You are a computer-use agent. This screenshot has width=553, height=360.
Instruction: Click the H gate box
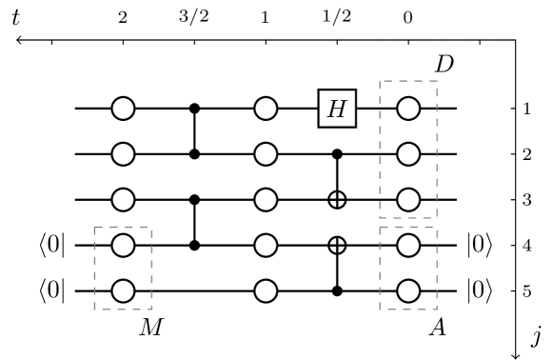point(337,109)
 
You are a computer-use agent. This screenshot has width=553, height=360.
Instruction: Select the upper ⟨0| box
point(52,246)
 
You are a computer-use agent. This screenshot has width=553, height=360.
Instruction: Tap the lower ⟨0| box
point(52,290)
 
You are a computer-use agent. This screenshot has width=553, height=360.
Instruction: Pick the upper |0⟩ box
point(480,246)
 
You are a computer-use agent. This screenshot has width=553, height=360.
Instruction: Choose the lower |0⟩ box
point(480,290)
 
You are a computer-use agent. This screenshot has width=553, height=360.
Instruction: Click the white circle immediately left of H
point(267,109)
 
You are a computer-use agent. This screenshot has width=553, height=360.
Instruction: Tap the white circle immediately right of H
point(408,109)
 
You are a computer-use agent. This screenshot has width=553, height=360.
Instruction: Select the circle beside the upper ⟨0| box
point(123,246)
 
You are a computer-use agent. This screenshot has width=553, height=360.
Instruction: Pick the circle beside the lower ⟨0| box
point(123,290)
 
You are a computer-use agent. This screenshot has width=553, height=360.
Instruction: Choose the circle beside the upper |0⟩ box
point(408,246)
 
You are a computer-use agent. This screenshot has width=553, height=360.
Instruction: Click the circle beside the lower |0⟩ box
point(408,290)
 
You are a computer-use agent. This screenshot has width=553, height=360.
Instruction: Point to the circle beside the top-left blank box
point(123,109)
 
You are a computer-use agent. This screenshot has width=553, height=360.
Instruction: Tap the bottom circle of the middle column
point(267,290)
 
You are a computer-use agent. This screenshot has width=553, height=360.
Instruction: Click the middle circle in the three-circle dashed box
point(408,154)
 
